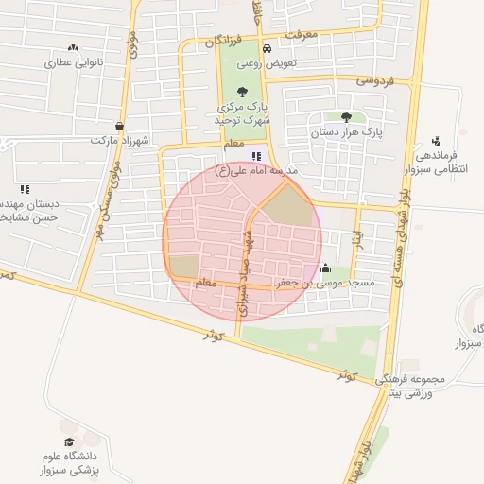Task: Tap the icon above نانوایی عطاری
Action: click(x=73, y=47)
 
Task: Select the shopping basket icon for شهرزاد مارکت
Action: click(x=119, y=125)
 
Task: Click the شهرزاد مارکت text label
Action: click(x=121, y=140)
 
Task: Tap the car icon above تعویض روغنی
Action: click(x=267, y=48)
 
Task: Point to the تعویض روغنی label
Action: click(x=267, y=62)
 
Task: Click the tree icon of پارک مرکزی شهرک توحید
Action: click(x=243, y=93)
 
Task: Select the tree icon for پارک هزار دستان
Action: click(x=346, y=118)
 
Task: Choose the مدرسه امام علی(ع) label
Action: click(x=257, y=171)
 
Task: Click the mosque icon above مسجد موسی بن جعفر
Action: click(x=326, y=268)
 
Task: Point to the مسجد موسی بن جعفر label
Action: click(x=325, y=283)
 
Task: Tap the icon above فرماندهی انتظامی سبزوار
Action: click(x=435, y=140)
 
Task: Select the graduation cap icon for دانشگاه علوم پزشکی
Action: click(x=69, y=441)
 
